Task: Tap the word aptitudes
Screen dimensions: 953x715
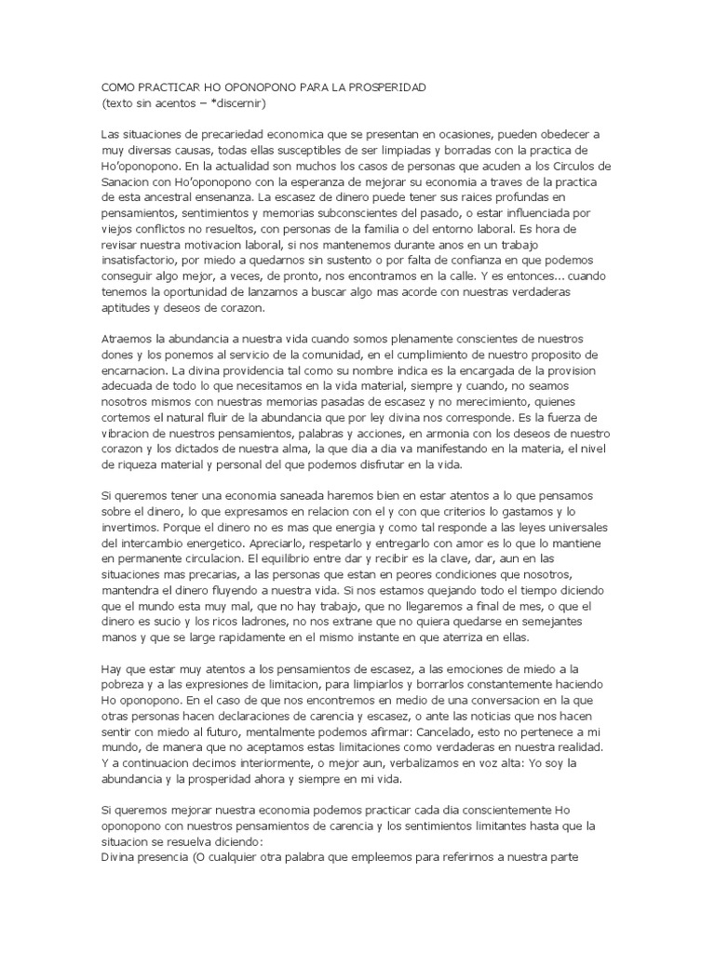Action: (127, 309)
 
